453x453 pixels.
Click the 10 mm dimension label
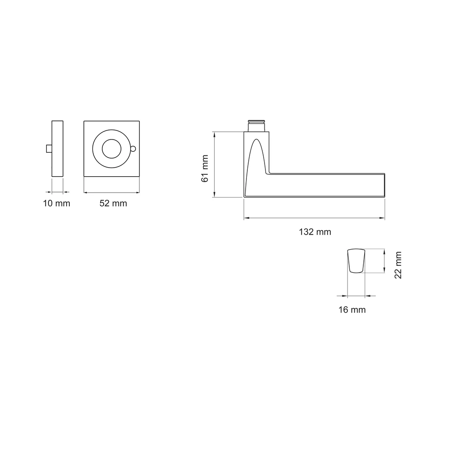(x=57, y=203)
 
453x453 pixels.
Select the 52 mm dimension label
(x=113, y=203)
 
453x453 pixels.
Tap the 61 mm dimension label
(x=205, y=169)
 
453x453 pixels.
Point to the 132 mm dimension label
(x=315, y=232)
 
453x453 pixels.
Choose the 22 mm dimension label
(x=398, y=265)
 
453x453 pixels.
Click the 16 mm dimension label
(x=352, y=310)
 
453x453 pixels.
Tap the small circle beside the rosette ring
(x=133, y=149)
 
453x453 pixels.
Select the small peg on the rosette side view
(x=49, y=149)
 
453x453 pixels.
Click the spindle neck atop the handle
(x=256, y=125)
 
